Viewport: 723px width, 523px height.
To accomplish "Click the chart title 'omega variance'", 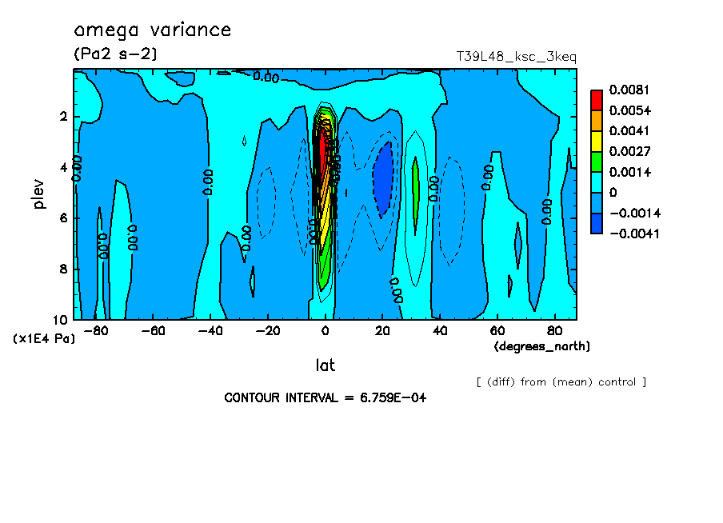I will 152,30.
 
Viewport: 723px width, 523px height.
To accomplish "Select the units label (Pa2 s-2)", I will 115,54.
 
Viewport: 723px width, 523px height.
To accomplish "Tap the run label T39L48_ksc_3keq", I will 516,57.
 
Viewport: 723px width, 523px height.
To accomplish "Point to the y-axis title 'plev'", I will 40,194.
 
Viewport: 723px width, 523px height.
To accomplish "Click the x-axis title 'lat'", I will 325,365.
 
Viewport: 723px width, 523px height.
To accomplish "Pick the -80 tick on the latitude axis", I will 96,330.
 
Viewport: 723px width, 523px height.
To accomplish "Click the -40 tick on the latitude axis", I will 210,330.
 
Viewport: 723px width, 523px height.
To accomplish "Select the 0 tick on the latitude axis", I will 326,330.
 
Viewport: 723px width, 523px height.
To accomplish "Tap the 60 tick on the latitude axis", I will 497,330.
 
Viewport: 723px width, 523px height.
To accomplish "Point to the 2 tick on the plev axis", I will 63,117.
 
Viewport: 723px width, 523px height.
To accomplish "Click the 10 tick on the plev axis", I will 61,319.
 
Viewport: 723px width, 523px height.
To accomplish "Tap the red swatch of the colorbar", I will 597,100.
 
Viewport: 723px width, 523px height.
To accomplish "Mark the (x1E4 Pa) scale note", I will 45,339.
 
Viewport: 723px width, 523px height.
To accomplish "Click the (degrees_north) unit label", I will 542,346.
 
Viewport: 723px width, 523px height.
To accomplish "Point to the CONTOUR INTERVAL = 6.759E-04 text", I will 325,398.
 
